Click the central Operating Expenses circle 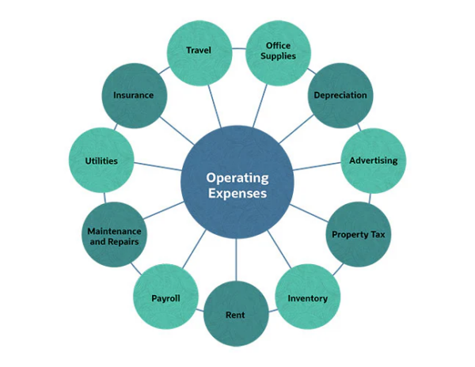237,183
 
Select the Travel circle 199,51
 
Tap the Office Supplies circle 279,51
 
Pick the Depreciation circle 340,95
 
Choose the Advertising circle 373,161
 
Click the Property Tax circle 359,234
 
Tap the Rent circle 235,314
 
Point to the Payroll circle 166,297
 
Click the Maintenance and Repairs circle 114,235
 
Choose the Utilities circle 101,161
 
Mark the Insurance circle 133,95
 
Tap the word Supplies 279,57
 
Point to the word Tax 375,235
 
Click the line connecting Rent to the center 237,261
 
